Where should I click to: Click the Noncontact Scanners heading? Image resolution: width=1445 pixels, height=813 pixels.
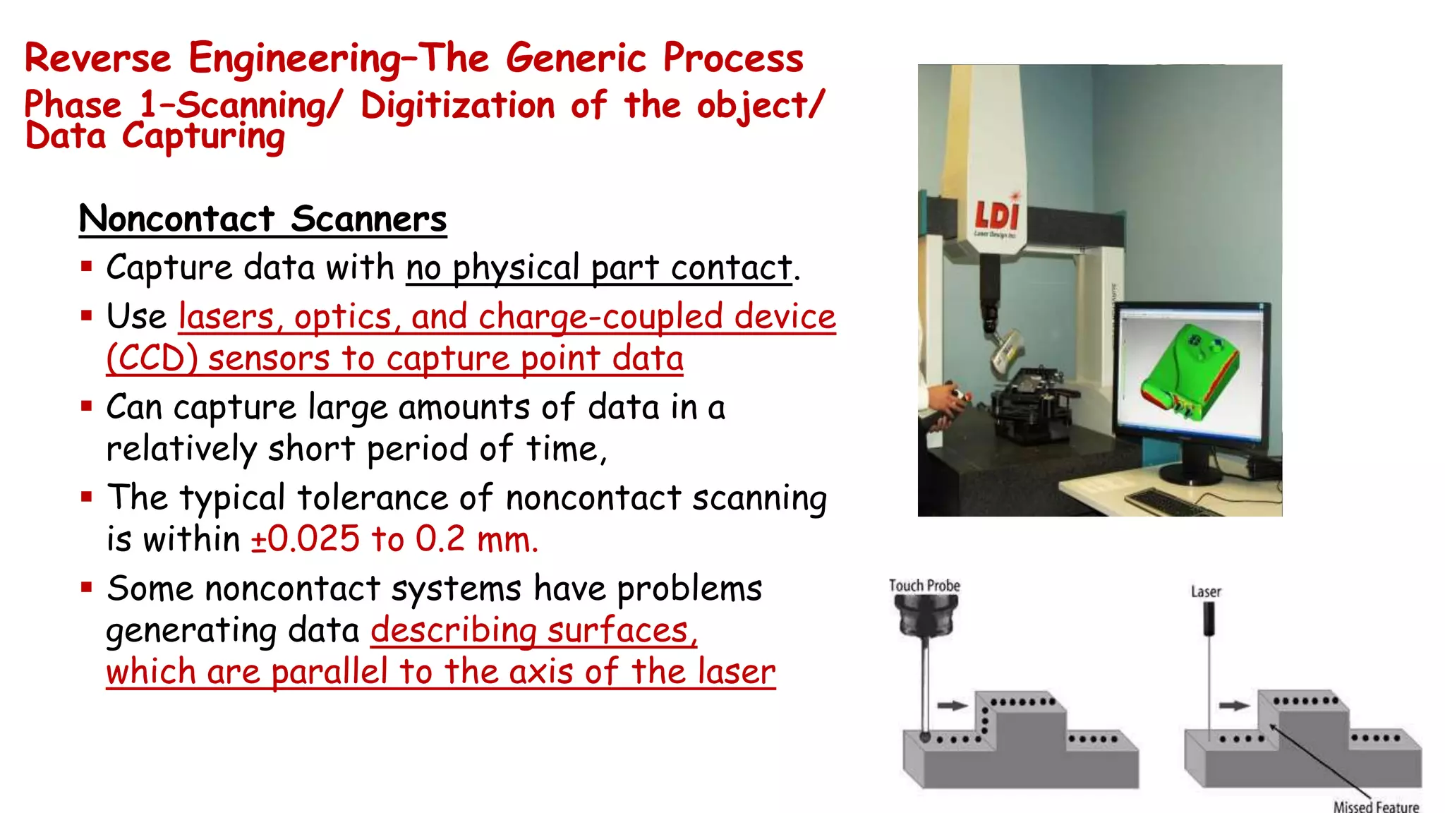coord(262,219)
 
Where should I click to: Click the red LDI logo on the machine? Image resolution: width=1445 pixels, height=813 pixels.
coord(996,215)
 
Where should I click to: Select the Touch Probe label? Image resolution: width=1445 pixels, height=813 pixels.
coord(924,586)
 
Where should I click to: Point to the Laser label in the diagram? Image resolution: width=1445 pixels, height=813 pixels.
coord(1206,592)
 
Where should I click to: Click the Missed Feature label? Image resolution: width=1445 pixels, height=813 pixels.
coord(1375,806)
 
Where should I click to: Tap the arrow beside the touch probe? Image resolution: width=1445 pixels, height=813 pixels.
coord(952,705)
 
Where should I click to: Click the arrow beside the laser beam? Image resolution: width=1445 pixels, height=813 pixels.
coord(1234,705)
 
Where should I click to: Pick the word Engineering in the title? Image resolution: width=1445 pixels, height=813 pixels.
coord(295,59)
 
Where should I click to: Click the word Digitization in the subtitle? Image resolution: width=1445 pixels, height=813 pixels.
coord(457,106)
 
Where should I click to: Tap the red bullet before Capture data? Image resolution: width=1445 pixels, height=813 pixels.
coord(87,267)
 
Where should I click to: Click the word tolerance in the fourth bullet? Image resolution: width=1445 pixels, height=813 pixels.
coord(373,498)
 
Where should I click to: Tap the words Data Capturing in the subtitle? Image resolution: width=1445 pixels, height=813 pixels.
coord(155,136)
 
